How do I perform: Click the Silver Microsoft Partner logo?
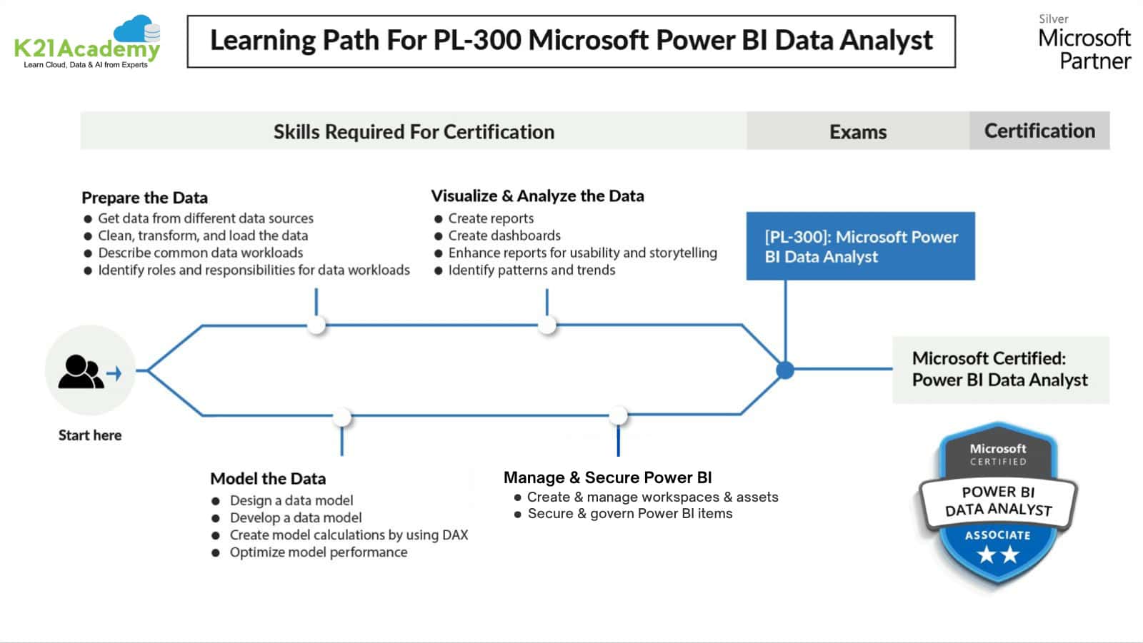coord(1084,43)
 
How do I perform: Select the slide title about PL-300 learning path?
coord(571,41)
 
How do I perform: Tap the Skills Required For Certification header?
coord(414,131)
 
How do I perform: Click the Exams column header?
coord(857,131)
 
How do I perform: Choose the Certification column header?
coord(1039,131)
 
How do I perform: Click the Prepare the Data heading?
coord(144,198)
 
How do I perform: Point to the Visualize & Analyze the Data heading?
coord(537,196)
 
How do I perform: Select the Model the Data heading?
coord(268,478)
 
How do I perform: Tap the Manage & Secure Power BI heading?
coord(607,477)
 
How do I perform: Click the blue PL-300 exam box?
coord(860,246)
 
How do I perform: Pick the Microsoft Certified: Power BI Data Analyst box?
coord(1000,370)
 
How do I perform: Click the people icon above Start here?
coord(82,371)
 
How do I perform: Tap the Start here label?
coord(90,435)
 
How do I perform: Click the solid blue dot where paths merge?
coord(785,370)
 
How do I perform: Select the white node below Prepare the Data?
coord(316,325)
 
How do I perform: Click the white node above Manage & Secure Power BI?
coord(618,415)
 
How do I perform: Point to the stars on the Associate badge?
coord(997,554)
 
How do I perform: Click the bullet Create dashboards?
coord(504,236)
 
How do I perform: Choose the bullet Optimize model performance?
coord(318,552)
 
